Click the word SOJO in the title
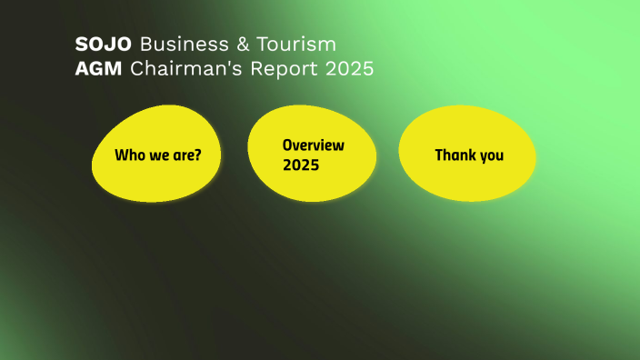pos(104,44)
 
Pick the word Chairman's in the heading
pos(182,69)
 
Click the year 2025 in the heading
pos(350,69)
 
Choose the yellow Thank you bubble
pos(467,155)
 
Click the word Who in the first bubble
pos(128,155)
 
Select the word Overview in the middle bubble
pos(313,145)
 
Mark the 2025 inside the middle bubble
pos(300,165)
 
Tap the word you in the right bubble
pos(492,155)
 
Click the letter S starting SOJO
pos(81,44)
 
